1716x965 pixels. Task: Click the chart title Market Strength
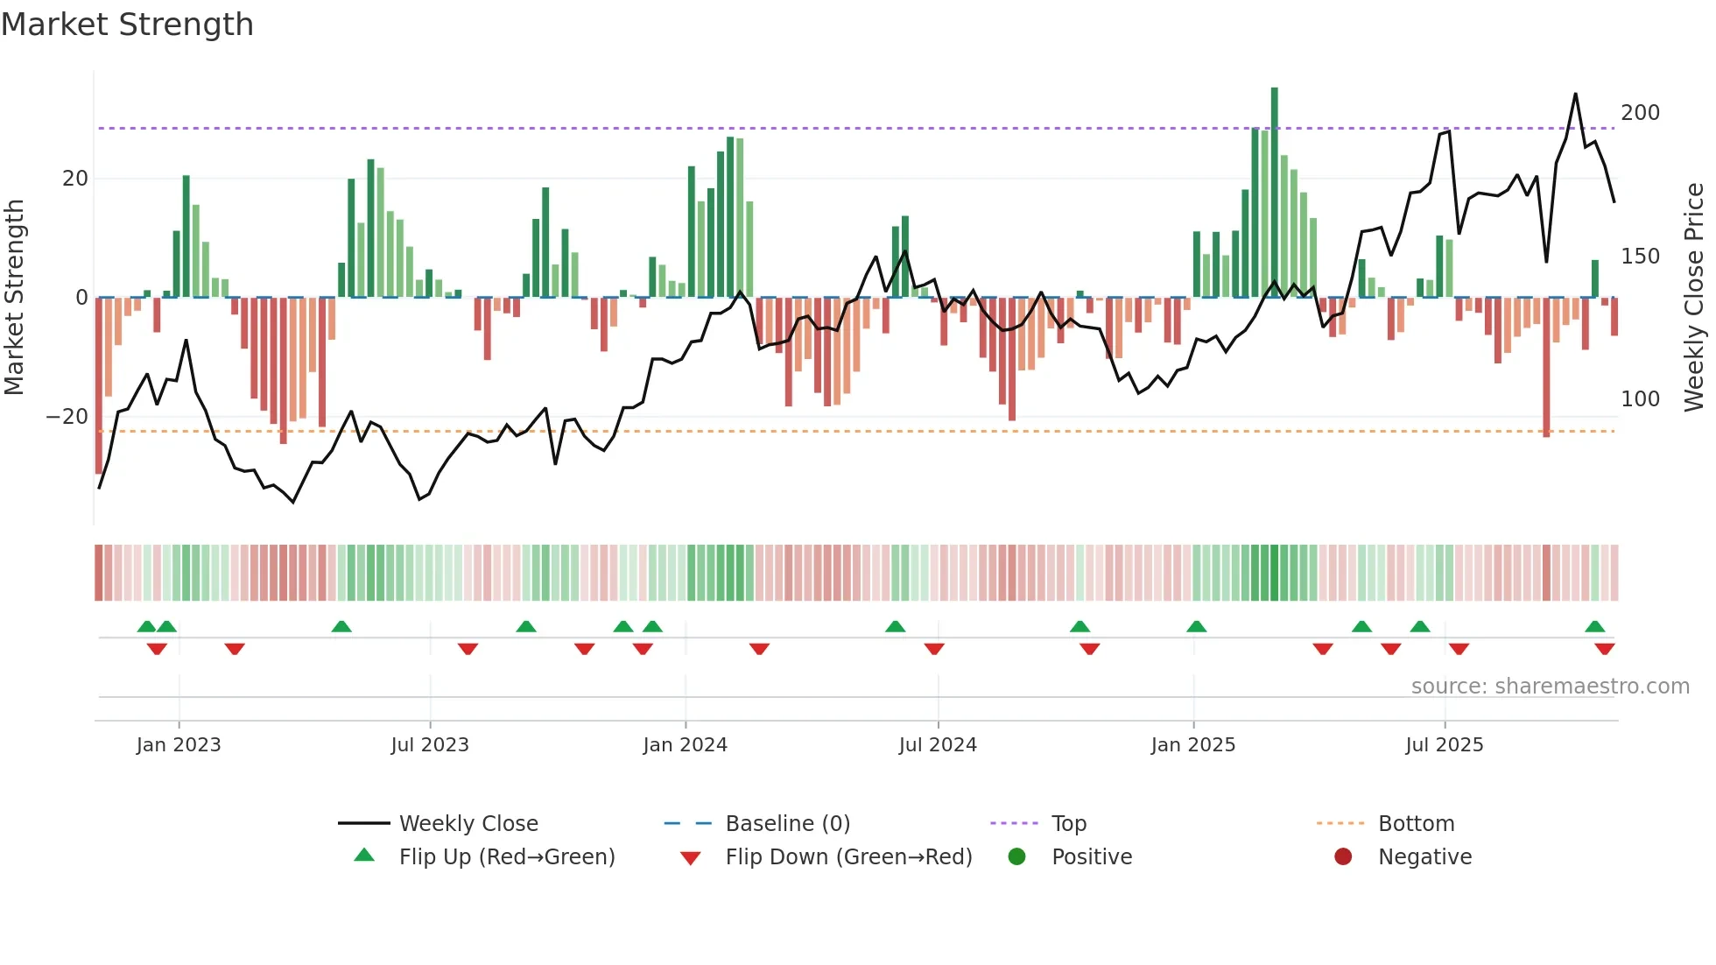(127, 25)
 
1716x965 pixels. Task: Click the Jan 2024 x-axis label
(685, 745)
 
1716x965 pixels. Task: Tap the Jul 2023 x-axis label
(430, 745)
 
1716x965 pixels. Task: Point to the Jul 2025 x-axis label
(1445, 745)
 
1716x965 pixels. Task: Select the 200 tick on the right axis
(1640, 113)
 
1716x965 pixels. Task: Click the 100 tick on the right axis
(1640, 399)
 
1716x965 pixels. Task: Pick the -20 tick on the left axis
(67, 417)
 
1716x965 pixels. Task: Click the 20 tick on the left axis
(75, 179)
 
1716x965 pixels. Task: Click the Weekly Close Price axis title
(1695, 298)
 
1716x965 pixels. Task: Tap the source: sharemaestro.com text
(1550, 687)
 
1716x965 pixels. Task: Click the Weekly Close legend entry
(468, 824)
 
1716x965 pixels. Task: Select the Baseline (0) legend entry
(787, 824)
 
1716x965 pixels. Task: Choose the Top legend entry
(1068, 824)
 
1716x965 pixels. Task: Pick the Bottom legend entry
(1416, 824)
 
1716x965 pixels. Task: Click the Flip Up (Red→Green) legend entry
(506, 857)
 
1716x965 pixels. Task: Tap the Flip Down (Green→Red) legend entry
(847, 857)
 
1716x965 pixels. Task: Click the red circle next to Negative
(1343, 857)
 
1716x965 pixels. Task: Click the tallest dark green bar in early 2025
(1275, 193)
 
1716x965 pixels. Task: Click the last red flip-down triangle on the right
(1605, 649)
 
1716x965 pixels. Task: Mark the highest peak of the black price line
(1576, 94)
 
